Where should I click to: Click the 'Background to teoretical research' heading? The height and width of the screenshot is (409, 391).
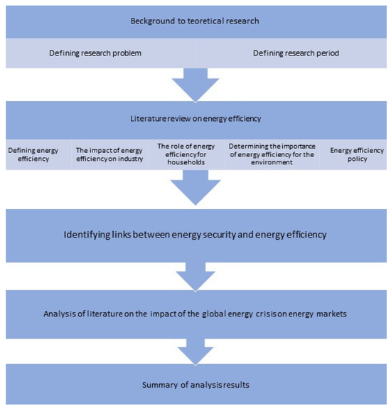[x=195, y=21]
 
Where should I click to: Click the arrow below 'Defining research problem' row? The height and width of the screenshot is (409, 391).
[x=195, y=84]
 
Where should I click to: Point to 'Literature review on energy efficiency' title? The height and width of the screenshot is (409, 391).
[x=195, y=119]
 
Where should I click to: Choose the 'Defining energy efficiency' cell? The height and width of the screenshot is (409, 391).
[x=32, y=156]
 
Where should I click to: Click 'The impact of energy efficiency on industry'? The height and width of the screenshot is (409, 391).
[x=109, y=156]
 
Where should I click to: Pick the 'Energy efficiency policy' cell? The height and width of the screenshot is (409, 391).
[x=358, y=156]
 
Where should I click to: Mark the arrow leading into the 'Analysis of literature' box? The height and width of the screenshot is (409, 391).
[x=195, y=275]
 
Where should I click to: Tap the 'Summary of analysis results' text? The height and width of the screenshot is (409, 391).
[x=195, y=385]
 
